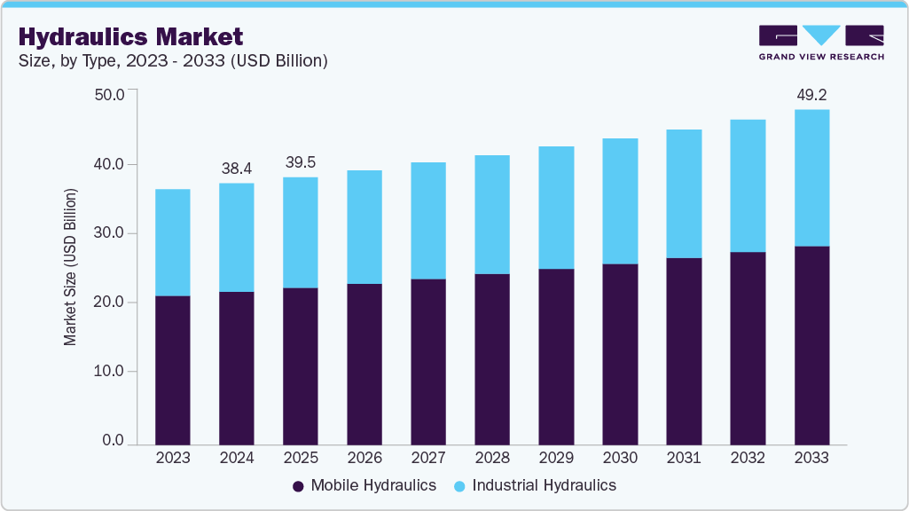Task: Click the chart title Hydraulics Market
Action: [130, 36]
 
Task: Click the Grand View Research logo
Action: [821, 43]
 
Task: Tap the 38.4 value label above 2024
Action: [237, 168]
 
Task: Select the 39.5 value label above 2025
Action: [301, 162]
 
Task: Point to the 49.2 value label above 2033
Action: [811, 94]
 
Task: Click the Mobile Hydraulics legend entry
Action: [364, 485]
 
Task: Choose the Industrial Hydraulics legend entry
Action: [535, 485]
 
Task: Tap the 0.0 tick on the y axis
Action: [113, 441]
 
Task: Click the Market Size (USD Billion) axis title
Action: [70, 267]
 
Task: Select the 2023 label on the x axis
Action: [173, 459]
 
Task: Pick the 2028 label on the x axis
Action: [492, 459]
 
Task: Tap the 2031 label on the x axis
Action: [684, 459]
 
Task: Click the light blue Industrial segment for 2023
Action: [173, 242]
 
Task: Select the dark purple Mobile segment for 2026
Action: [364, 364]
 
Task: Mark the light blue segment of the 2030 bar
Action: [620, 201]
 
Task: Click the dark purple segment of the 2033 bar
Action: [811, 345]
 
